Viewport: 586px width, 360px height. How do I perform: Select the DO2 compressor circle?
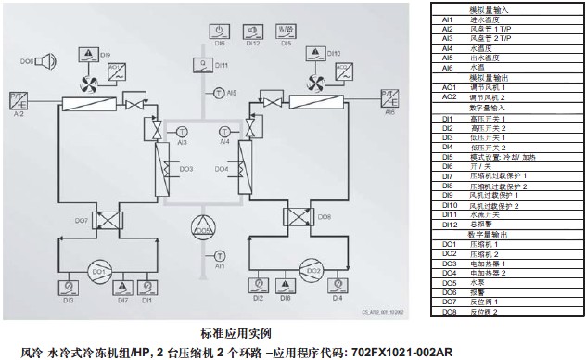[x=312, y=271]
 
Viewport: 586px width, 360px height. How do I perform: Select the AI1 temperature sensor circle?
[x=219, y=254]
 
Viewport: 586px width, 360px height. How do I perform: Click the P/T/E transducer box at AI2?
[x=19, y=98]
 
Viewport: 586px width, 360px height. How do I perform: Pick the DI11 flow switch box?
[x=201, y=65]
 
